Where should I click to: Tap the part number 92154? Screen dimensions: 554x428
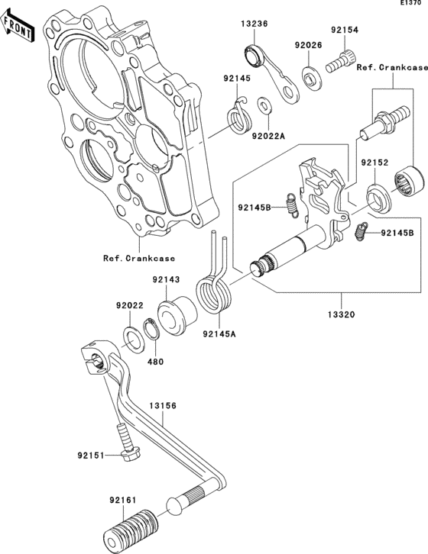(x=344, y=30)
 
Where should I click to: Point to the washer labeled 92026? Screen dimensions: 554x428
(x=310, y=78)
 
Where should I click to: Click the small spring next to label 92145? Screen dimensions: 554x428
(x=241, y=116)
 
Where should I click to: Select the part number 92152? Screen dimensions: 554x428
(x=375, y=163)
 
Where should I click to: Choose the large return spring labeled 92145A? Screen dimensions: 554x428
(x=214, y=288)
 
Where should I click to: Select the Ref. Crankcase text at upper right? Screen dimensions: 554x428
(x=386, y=69)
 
